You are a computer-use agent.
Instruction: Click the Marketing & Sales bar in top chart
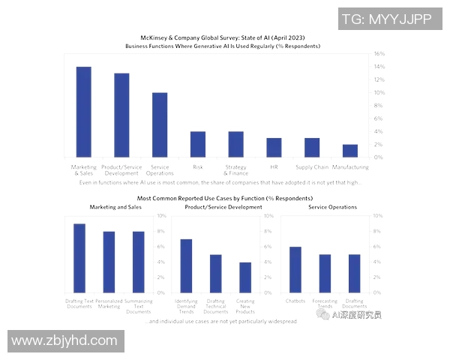click(83, 112)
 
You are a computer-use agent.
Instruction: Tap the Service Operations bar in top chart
click(160, 124)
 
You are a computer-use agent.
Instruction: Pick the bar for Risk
click(198, 144)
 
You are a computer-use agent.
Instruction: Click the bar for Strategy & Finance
click(235, 144)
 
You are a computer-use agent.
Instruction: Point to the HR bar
click(274, 147)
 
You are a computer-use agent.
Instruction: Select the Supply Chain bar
click(312, 147)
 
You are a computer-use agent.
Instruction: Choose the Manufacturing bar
click(350, 151)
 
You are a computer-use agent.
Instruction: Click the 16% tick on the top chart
click(379, 54)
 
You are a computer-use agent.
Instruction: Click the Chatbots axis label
click(295, 301)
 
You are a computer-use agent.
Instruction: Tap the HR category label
click(274, 166)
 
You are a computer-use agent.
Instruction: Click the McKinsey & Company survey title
click(223, 37)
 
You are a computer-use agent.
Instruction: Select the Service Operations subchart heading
click(332, 207)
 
